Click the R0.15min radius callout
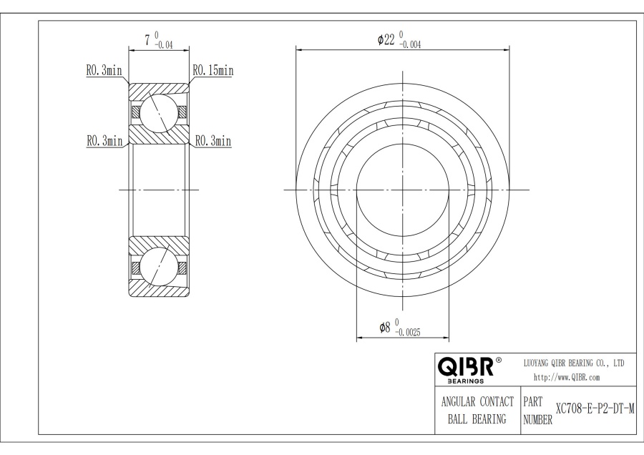(x=213, y=71)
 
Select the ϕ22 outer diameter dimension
(x=399, y=40)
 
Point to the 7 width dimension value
(x=147, y=40)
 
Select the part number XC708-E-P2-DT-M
(x=595, y=409)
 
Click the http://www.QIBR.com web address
(x=567, y=377)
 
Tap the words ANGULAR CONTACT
(x=477, y=401)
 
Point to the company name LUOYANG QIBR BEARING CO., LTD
(x=574, y=363)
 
